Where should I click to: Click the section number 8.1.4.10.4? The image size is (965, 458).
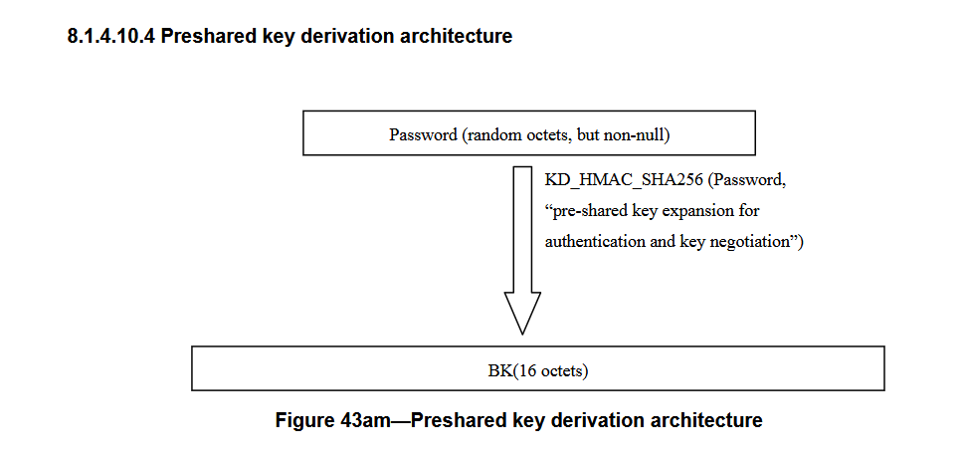(x=108, y=38)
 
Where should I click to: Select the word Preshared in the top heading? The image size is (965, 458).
(x=199, y=38)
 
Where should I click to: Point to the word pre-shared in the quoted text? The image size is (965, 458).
(x=587, y=211)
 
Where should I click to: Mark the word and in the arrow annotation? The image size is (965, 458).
(x=663, y=242)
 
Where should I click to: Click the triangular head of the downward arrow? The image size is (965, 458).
(x=522, y=312)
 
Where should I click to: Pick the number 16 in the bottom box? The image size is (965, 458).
(x=515, y=372)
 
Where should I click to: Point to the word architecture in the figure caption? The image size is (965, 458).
(x=708, y=420)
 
